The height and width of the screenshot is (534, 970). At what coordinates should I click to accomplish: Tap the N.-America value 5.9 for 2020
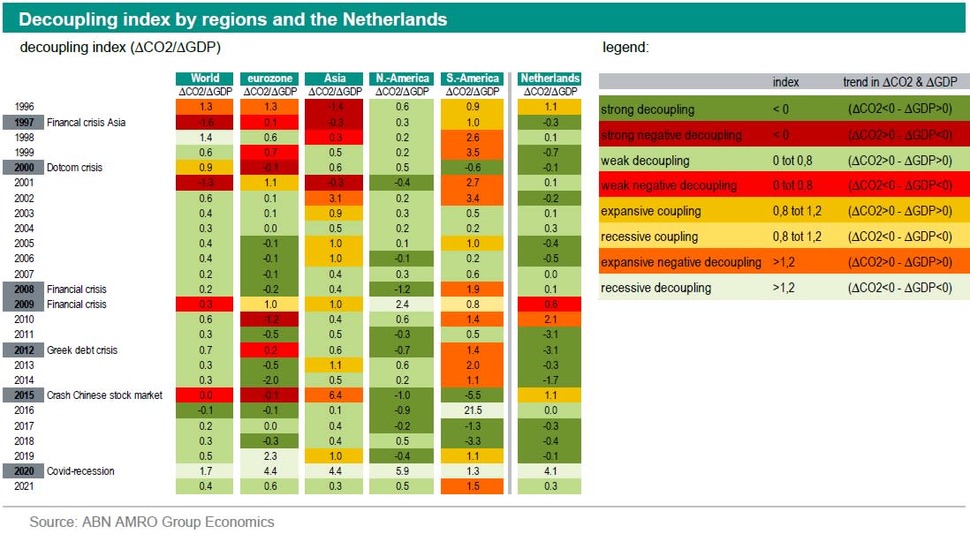(x=402, y=471)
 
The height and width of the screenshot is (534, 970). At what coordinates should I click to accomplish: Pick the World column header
(x=205, y=79)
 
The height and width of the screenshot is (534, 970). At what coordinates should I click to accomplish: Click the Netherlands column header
(x=549, y=79)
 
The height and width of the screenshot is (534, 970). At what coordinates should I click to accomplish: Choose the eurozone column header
(x=269, y=79)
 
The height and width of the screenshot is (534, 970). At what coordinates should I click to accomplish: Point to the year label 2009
(x=25, y=305)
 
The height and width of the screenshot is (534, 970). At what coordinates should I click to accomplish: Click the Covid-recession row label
(x=80, y=471)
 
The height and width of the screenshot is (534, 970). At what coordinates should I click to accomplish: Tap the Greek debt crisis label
(x=82, y=350)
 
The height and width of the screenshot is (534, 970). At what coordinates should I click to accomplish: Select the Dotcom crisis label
(x=75, y=168)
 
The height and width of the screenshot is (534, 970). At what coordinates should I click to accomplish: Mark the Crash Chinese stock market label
(x=104, y=395)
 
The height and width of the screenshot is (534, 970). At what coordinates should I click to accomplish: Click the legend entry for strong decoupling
(x=648, y=110)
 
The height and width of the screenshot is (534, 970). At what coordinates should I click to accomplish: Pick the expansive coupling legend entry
(x=650, y=212)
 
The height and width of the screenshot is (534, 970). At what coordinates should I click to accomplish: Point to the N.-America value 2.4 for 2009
(x=402, y=305)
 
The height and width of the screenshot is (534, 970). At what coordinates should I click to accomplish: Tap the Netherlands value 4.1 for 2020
(x=549, y=471)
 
